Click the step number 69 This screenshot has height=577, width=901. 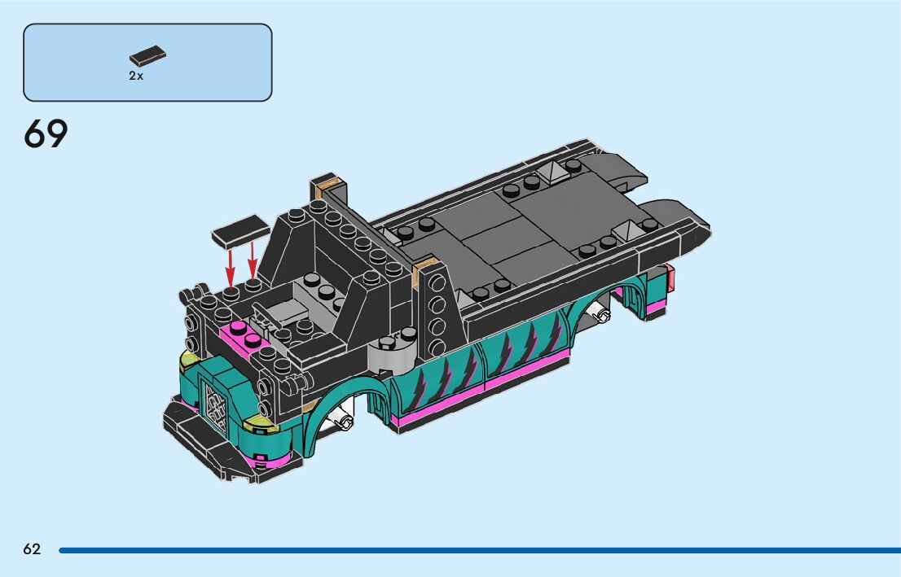pos(46,134)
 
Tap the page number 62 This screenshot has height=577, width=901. pos(33,549)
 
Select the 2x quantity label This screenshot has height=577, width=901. pos(136,76)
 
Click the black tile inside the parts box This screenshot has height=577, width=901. pos(147,55)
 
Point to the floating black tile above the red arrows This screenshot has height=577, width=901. pos(241,231)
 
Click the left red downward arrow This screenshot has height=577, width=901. pos(230,268)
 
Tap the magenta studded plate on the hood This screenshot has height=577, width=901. pos(245,336)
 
